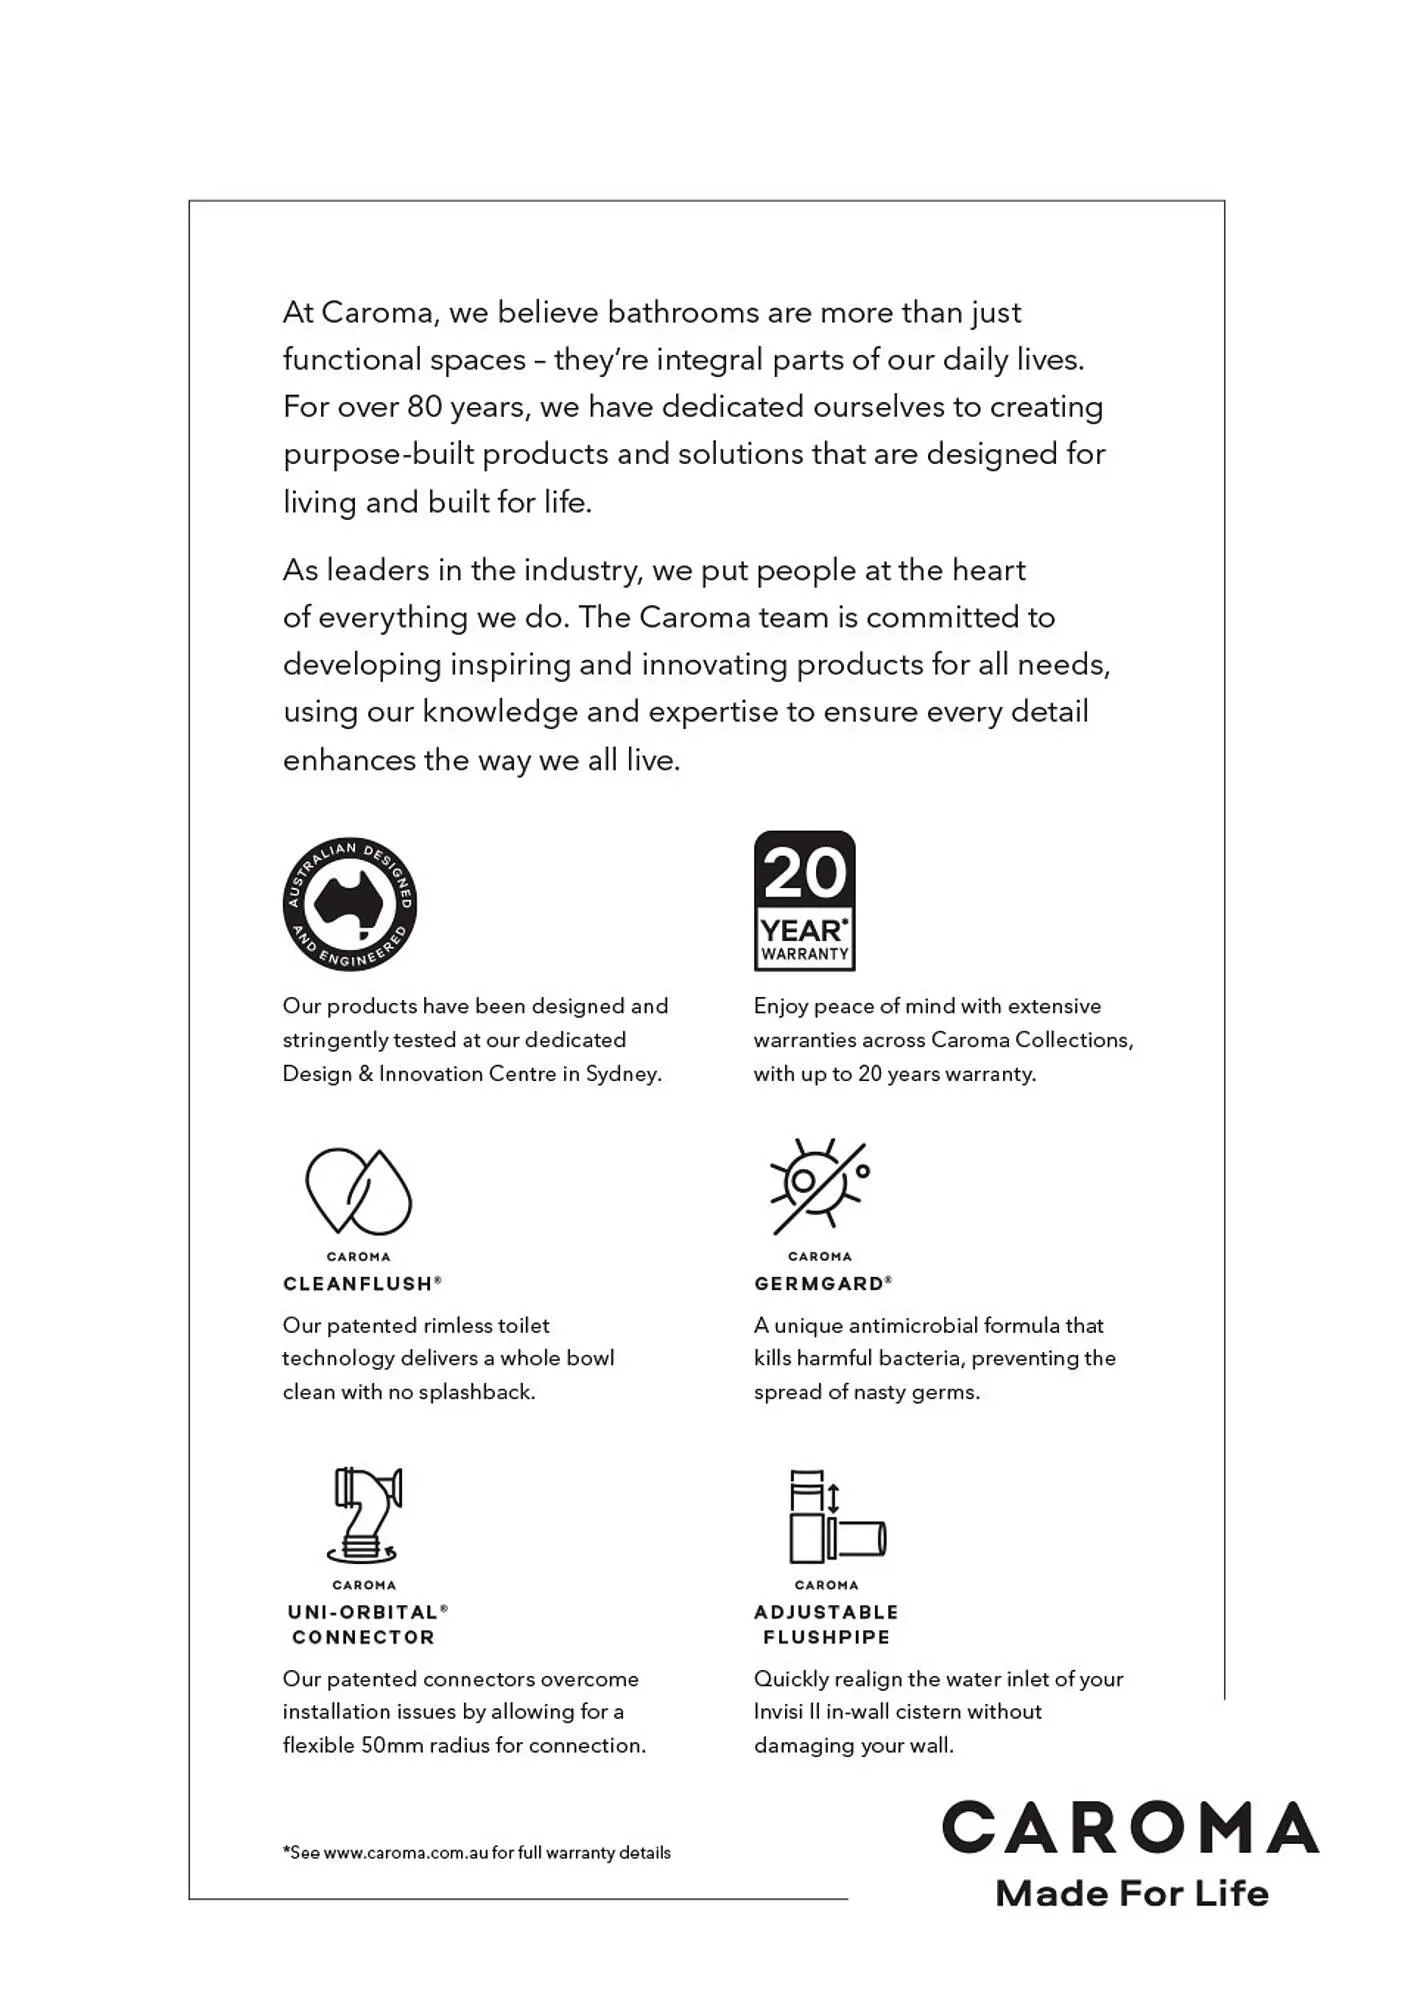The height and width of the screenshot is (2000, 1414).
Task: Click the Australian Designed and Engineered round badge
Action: click(x=349, y=904)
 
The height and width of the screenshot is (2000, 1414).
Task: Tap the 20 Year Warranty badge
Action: click(x=804, y=901)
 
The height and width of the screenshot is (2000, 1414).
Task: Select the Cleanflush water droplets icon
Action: click(x=358, y=1191)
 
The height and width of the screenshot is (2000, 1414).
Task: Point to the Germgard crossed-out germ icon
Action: click(x=819, y=1186)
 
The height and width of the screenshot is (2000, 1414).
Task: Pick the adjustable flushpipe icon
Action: click(x=836, y=1517)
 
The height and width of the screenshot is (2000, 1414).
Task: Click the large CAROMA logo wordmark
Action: click(x=1130, y=1828)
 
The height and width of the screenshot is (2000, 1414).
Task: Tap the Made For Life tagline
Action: click(x=1132, y=1893)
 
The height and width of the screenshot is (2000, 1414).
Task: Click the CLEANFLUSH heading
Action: click(x=358, y=1284)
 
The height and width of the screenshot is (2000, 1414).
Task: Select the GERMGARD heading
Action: click(x=820, y=1284)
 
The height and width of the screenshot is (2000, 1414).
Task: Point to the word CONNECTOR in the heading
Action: click(x=363, y=1637)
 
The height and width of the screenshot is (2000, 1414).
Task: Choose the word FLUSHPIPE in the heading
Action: click(x=826, y=1637)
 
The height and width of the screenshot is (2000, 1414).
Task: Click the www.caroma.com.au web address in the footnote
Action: click(x=406, y=1853)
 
